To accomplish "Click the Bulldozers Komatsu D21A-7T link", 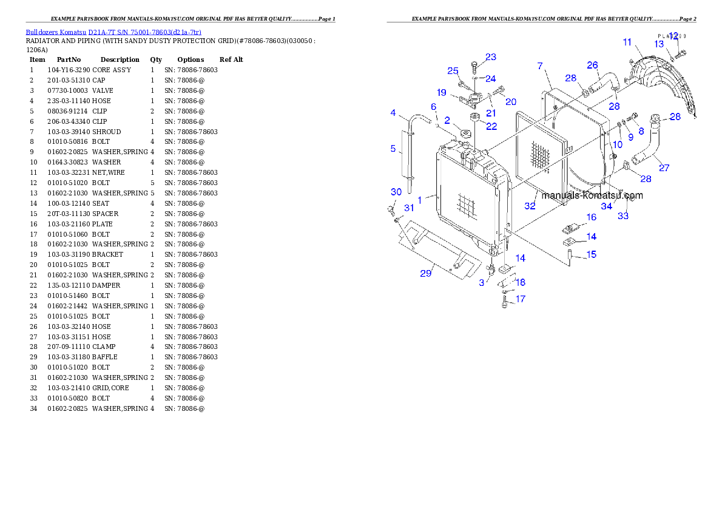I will click(113, 32).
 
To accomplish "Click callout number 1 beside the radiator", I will click(419, 199).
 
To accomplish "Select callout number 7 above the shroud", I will click(540, 66).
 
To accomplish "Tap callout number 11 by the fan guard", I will click(627, 42).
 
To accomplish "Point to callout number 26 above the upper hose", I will click(592, 65).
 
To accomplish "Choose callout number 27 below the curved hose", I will click(664, 168).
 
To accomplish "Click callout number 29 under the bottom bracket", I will click(426, 273).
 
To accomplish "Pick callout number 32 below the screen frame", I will click(530, 206).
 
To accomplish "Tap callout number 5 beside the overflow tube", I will click(393, 149).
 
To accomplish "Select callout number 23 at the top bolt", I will click(490, 57).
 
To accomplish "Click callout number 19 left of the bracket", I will click(442, 93).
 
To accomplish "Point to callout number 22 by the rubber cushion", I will click(491, 126).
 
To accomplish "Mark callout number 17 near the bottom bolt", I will click(520, 299).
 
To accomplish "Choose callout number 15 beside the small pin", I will click(591, 254).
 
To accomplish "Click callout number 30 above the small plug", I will click(396, 192).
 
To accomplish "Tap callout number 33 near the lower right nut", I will click(623, 216).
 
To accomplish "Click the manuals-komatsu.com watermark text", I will click(592, 195).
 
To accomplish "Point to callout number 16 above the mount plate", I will click(591, 217).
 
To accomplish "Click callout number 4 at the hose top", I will click(393, 113).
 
